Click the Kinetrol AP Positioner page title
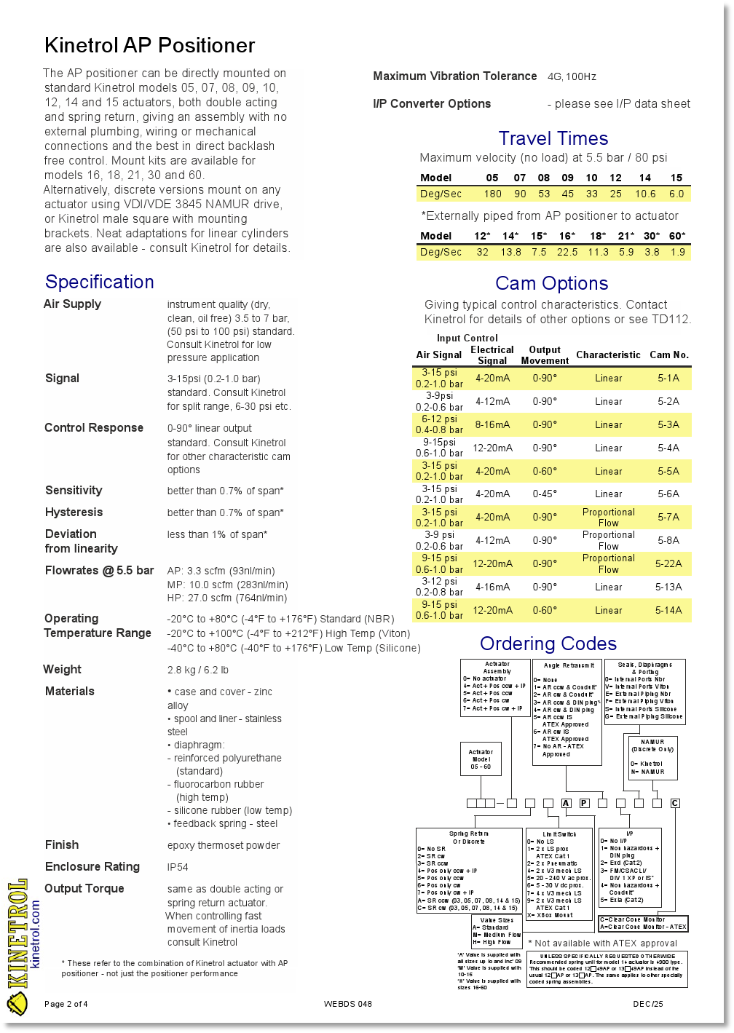[x=149, y=45]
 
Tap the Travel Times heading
[x=553, y=138]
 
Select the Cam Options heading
[x=551, y=283]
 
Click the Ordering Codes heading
[x=548, y=644]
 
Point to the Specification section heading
[x=100, y=282]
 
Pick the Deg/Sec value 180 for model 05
[x=492, y=194]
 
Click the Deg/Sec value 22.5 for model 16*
[x=567, y=252]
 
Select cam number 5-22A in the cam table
[x=668, y=563]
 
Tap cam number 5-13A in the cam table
[x=668, y=587]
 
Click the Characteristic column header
[x=608, y=355]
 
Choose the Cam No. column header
[x=668, y=355]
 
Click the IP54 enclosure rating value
[x=178, y=867]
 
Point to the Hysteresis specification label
[x=74, y=512]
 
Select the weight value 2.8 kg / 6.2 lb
[x=197, y=670]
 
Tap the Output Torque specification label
[x=84, y=888]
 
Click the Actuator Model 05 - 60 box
[x=481, y=759]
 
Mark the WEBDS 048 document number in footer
[x=347, y=1004]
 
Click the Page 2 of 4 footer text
[x=66, y=1004]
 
